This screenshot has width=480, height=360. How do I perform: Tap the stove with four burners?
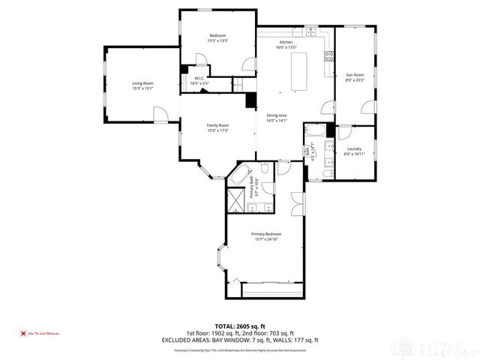(x=328, y=55)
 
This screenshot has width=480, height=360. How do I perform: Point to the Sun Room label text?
(x=354, y=75)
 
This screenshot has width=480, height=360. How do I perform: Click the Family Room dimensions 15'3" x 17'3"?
(x=218, y=130)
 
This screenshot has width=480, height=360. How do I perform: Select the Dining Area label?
(x=277, y=115)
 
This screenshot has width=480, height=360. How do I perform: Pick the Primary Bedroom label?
(x=266, y=234)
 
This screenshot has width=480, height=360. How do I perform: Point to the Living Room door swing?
(x=160, y=114)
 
